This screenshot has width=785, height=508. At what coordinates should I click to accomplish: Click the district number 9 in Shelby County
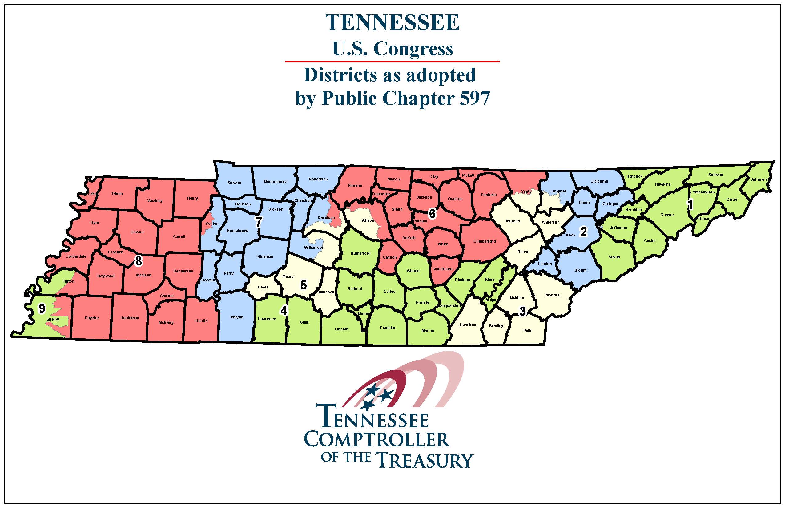42,309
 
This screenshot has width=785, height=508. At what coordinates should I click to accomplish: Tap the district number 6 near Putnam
432,214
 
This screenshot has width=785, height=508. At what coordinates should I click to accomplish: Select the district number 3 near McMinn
522,311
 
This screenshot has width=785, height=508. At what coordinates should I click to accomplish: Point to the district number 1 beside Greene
690,204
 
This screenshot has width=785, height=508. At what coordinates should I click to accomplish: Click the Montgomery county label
275,182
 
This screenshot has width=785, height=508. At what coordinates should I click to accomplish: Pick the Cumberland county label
485,241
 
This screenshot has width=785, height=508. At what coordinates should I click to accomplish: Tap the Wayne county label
237,317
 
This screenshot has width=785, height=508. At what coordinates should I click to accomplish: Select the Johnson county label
759,179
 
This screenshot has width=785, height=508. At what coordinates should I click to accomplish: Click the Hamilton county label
468,325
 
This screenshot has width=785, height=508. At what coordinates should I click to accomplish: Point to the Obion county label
117,194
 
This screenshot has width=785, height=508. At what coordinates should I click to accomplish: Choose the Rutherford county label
360,253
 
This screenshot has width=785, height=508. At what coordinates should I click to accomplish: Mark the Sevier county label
614,257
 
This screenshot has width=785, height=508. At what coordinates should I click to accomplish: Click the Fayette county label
92,318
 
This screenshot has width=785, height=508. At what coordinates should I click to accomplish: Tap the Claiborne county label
599,181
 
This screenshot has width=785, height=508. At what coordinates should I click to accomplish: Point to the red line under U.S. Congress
392,62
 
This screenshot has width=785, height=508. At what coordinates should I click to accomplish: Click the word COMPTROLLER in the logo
377,439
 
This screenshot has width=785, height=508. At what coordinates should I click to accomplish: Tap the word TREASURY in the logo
425,460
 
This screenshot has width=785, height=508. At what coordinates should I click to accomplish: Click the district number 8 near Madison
139,261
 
